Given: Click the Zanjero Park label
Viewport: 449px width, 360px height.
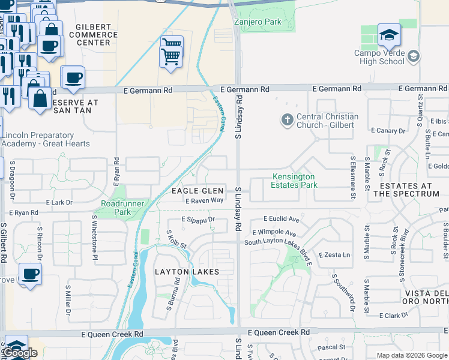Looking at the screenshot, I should [x=257, y=22].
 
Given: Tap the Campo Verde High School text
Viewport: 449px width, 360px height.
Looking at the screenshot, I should [x=379, y=57].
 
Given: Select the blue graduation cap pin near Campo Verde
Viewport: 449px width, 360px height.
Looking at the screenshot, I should [x=389, y=35].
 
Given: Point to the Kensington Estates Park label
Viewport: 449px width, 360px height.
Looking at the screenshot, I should [x=293, y=181].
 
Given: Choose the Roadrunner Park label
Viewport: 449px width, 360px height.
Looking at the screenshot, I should [x=124, y=208].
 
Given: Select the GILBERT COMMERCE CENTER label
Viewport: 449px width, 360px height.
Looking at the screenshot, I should [x=94, y=35].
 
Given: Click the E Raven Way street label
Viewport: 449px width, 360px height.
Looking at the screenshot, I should [x=204, y=200].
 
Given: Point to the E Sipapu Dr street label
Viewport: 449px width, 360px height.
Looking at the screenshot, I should [x=198, y=220].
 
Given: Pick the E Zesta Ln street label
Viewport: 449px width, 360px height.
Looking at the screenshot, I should [x=334, y=255].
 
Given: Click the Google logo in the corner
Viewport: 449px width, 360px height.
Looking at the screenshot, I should [x=20, y=353].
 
